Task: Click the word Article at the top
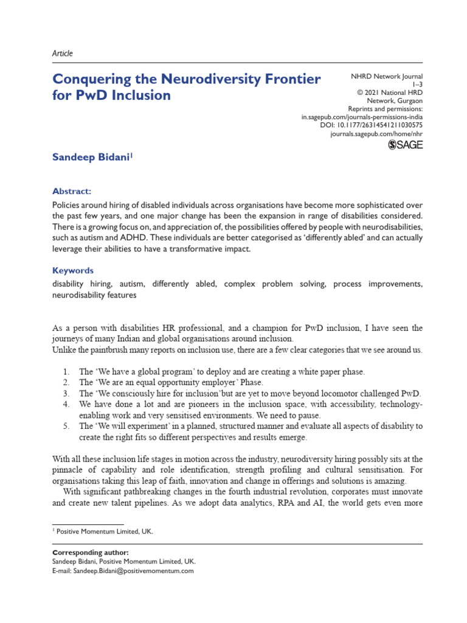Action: (x=63, y=54)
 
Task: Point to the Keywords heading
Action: (x=74, y=270)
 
